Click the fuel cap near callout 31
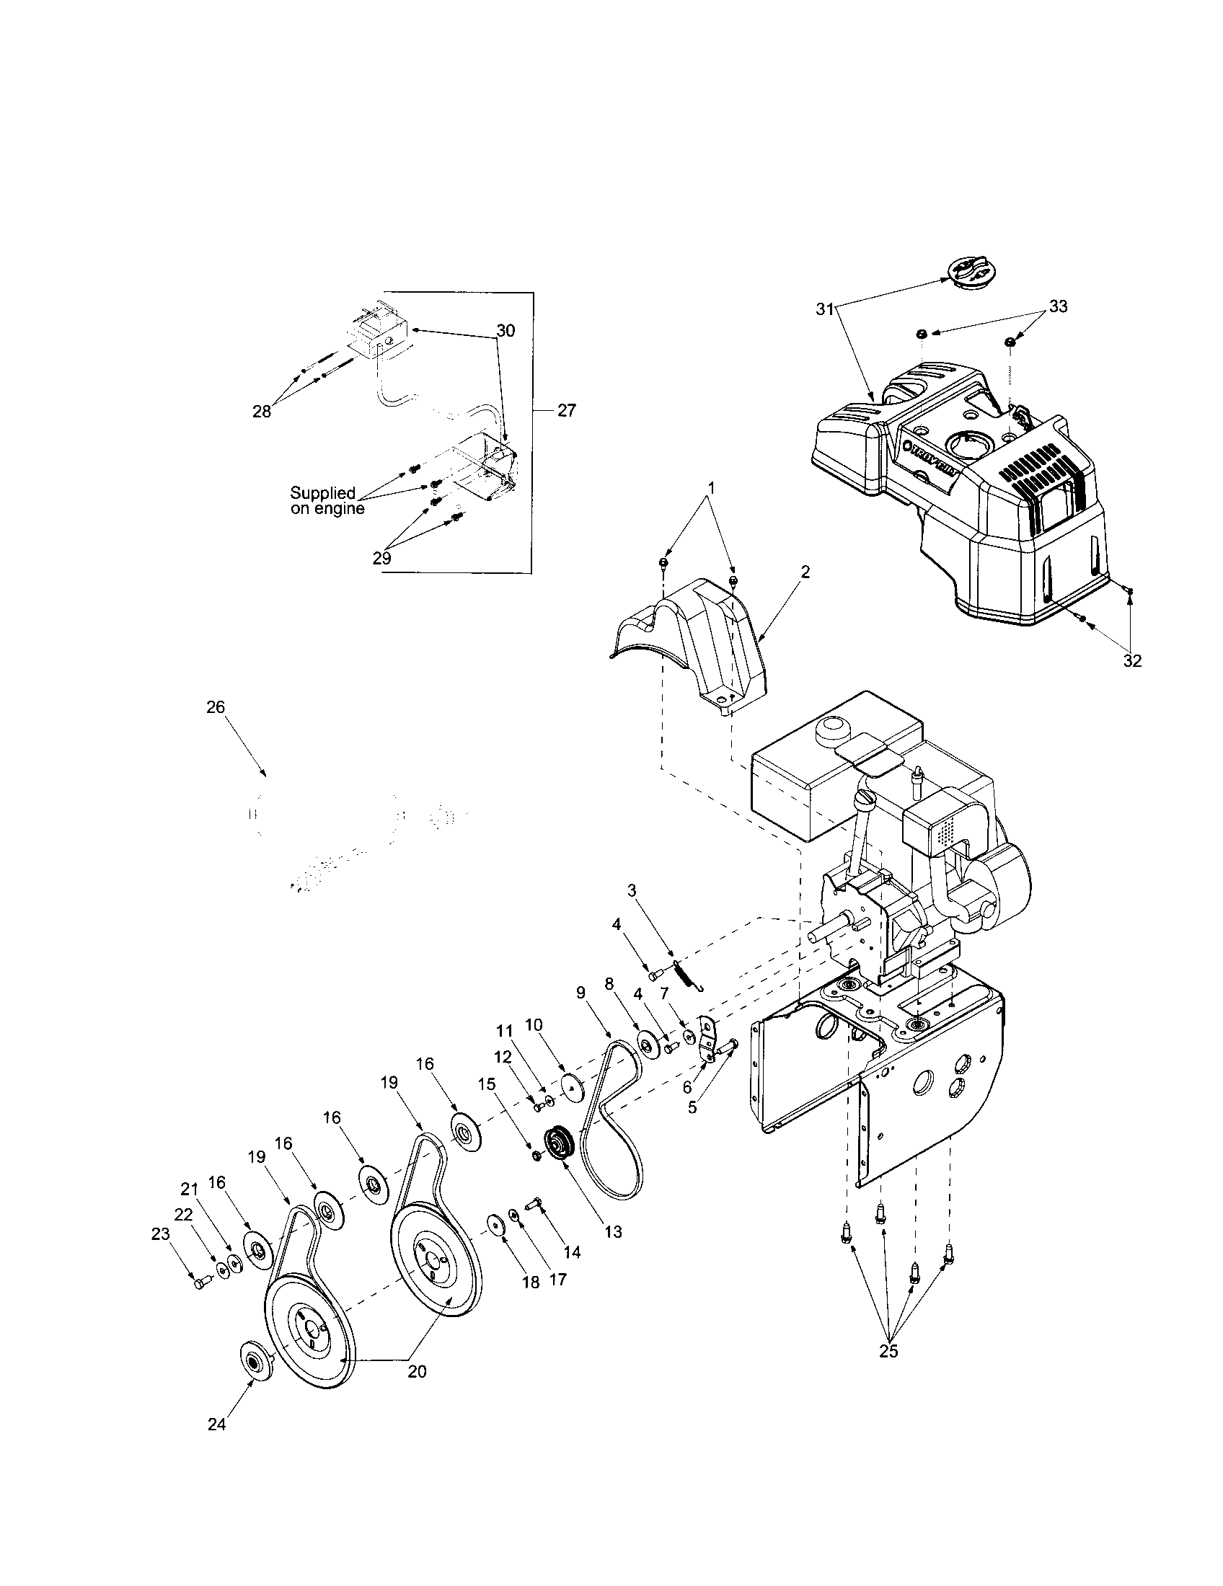(970, 273)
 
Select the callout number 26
(216, 706)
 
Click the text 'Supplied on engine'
(327, 501)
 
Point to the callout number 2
(805, 572)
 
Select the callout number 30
(505, 330)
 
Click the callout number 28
(262, 411)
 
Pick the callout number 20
(417, 1371)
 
